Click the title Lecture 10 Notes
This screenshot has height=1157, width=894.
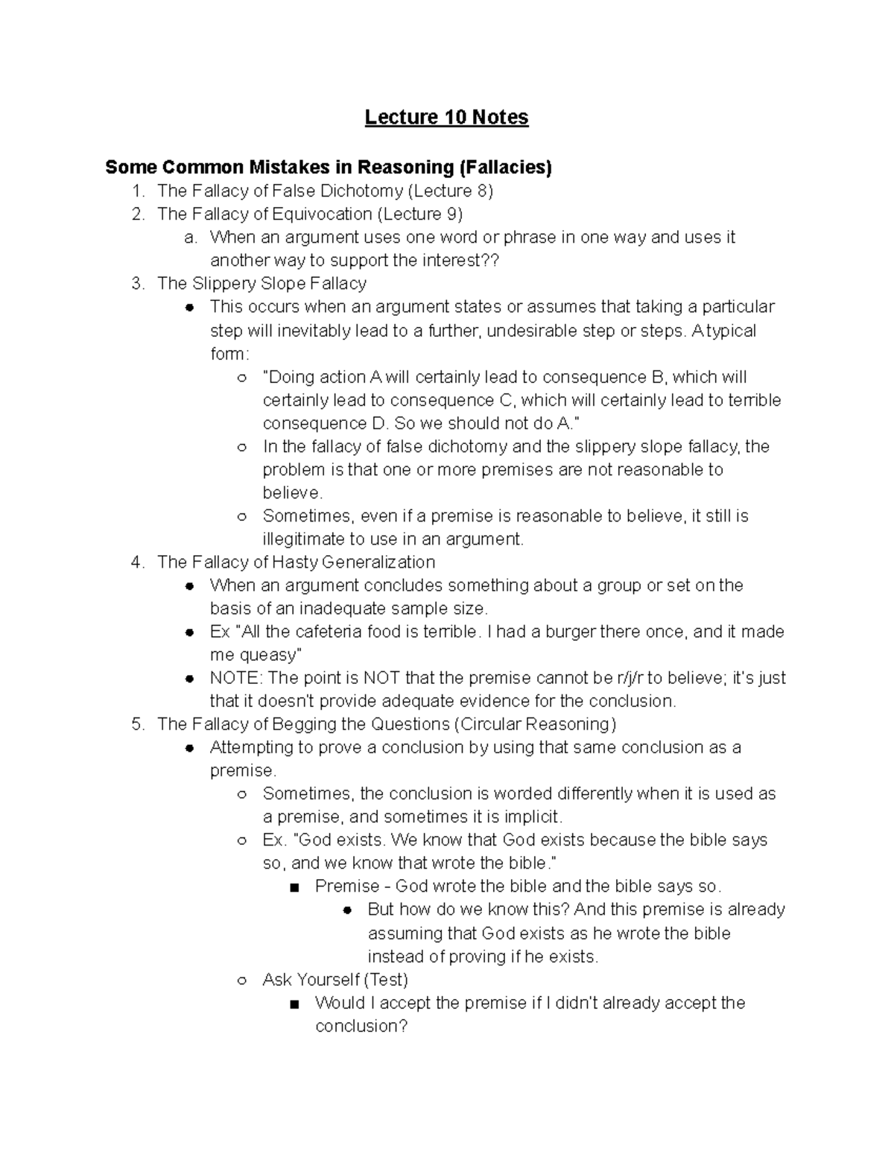coord(446,117)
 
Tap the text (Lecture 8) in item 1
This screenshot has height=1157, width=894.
coord(450,191)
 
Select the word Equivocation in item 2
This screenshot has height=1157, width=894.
coord(322,214)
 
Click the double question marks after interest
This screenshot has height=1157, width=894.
coord(489,260)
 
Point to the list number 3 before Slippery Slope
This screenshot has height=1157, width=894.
coord(137,283)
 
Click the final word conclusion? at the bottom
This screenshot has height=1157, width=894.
coord(361,1026)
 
